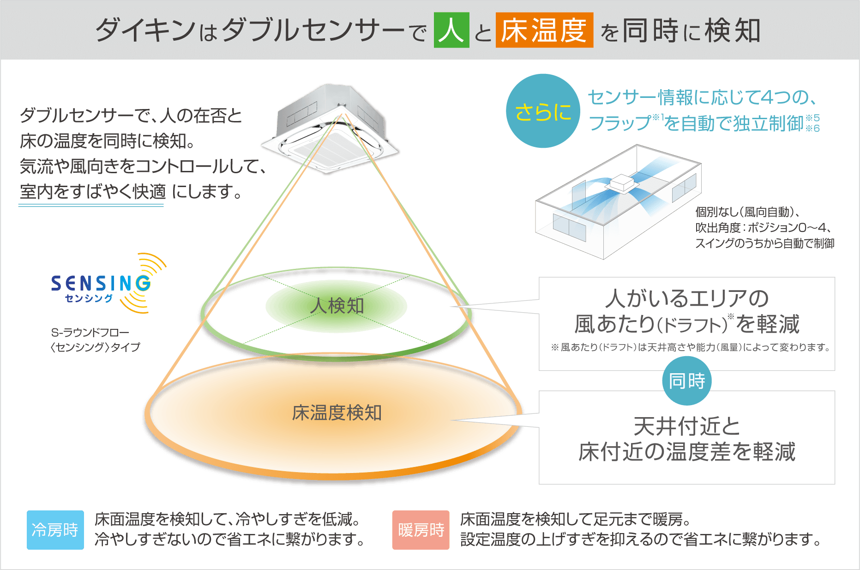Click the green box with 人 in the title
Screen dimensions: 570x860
click(451, 30)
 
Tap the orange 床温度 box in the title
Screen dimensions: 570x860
click(544, 30)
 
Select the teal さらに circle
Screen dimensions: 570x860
click(543, 111)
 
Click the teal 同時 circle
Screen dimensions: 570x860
click(687, 381)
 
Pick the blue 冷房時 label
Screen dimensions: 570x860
click(55, 530)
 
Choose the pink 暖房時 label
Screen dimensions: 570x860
click(421, 530)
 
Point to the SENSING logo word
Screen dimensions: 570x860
click(101, 283)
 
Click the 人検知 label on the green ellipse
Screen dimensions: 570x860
click(337, 306)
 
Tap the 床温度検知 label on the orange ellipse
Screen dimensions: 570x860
click(337, 412)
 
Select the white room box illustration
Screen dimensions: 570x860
click(618, 203)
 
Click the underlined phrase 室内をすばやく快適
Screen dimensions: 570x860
click(92, 192)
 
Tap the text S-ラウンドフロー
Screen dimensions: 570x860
click(90, 333)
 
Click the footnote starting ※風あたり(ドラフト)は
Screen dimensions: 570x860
click(690, 347)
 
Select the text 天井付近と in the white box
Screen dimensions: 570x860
click(686, 426)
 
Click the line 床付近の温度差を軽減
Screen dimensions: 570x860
click(686, 452)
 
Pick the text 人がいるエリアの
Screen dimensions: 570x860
click(686, 298)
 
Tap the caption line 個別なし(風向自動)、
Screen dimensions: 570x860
click(748, 212)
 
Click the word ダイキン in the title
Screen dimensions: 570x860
click(146, 30)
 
